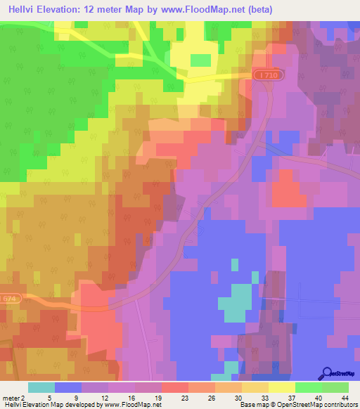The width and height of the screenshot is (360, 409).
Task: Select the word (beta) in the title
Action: pyautogui.click(x=258, y=10)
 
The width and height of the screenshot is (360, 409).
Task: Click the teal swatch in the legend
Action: pyautogui.click(x=41, y=387)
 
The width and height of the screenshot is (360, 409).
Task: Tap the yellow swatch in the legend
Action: pyautogui.click(x=281, y=387)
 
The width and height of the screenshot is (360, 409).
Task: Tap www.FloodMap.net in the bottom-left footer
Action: pyautogui.click(x=133, y=405)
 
